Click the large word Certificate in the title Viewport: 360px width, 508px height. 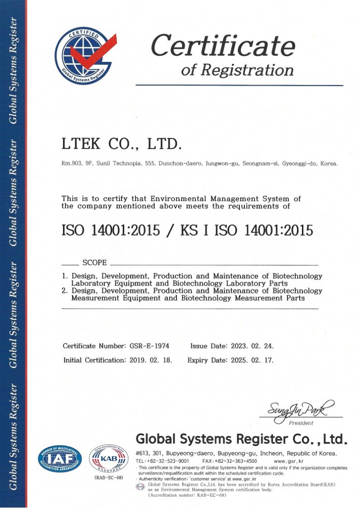pos(223,46)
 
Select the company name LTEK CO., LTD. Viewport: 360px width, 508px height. pos(121,144)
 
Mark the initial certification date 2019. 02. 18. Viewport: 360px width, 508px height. pos(151,360)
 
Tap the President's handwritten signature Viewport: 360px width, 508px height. pos(301,410)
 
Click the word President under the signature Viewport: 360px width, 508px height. pos(301,423)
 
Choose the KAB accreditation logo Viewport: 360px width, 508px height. pos(108,459)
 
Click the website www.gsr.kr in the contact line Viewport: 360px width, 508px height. pos(288,461)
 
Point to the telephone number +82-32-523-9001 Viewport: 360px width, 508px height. pos(168,461)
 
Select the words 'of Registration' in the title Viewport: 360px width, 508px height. pos(237,70)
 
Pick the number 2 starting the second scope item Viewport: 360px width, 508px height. pos(64,290)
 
